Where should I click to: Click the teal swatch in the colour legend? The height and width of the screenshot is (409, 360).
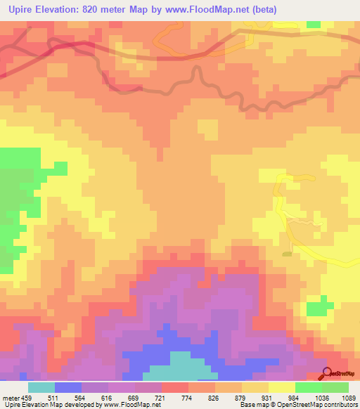coord(41,388)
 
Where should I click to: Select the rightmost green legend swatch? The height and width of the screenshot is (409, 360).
coord(335,388)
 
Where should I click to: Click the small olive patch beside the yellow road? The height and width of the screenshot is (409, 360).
coord(286,254)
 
